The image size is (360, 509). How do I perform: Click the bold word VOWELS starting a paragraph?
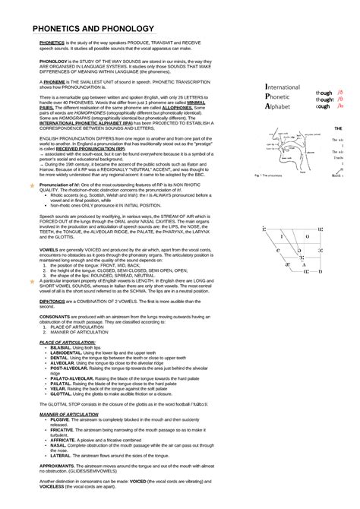[50, 249]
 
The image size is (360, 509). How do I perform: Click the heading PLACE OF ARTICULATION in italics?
[67, 343]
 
